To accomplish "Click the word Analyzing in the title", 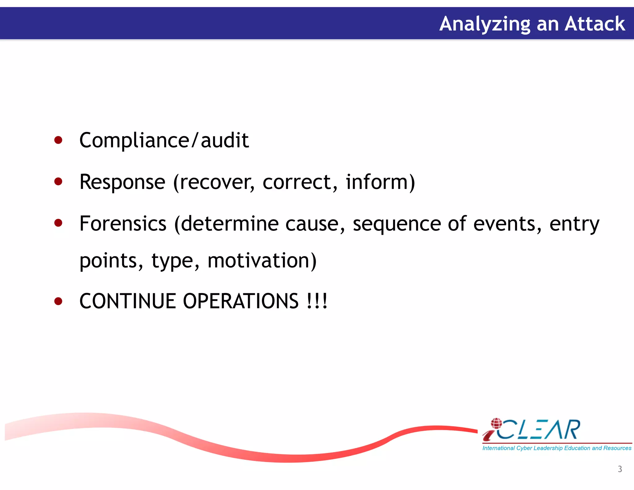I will click(485, 24).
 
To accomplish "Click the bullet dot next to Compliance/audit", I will click(58, 140).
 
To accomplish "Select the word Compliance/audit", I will click(164, 140).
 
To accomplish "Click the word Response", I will click(122, 182).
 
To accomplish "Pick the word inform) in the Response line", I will click(380, 182).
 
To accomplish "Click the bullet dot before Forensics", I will click(58, 223).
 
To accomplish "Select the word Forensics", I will click(123, 223).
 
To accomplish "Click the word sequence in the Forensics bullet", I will click(397, 224).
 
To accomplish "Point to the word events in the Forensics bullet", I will click(507, 223).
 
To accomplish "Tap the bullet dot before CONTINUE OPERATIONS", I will click(58, 301).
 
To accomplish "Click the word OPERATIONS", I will click(241, 301).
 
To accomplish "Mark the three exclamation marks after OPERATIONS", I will click(317, 301).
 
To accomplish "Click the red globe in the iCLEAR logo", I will click(496, 423).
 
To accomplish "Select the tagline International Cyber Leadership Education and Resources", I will click(557, 448).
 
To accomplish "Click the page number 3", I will click(620, 469).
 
